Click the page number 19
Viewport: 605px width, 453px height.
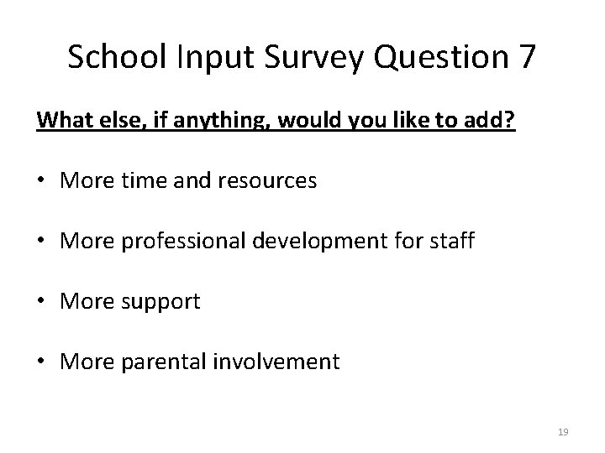[x=564, y=431]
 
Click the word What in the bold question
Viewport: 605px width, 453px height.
[x=61, y=120]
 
